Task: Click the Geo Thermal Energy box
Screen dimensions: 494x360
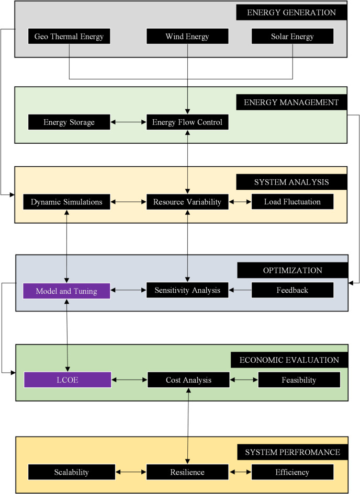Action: click(x=69, y=37)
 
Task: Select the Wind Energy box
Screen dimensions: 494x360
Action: click(x=187, y=37)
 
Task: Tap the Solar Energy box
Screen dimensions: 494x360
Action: click(x=292, y=37)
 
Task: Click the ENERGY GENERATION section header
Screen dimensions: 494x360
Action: click(x=292, y=13)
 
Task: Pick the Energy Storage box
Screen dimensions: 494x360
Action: click(x=69, y=122)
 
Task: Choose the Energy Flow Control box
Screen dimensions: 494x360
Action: click(x=187, y=122)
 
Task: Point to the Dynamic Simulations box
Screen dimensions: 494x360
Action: click(x=66, y=202)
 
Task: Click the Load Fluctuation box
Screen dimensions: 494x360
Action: click(x=292, y=202)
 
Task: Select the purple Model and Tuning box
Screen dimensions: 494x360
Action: click(x=66, y=290)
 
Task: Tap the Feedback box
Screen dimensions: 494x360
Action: click(x=292, y=290)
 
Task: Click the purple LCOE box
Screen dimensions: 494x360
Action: click(x=67, y=380)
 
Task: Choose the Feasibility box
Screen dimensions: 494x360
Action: click(x=299, y=380)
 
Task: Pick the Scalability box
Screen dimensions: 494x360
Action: click(x=71, y=472)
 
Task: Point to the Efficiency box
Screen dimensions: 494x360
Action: click(x=292, y=472)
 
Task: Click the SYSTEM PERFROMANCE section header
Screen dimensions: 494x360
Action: click(x=292, y=452)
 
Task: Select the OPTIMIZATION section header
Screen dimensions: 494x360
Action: click(x=292, y=270)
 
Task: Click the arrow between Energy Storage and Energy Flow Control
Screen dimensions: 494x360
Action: click(x=128, y=122)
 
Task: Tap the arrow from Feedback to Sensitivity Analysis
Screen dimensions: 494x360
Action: click(x=240, y=290)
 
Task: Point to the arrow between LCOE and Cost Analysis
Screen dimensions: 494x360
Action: click(x=129, y=380)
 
